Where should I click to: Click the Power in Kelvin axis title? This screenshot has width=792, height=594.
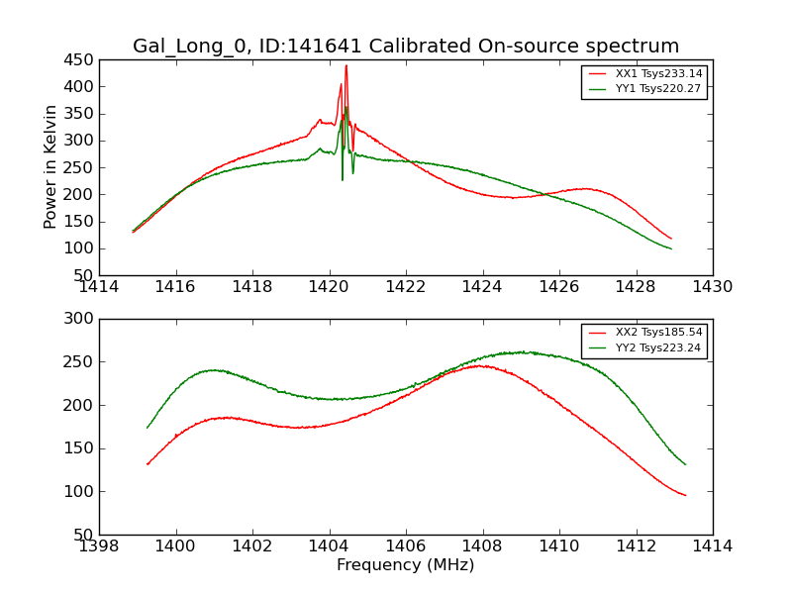pos(50,167)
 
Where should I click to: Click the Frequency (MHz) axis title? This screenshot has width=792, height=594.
pos(405,565)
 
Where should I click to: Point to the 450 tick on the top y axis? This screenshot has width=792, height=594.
pos(80,59)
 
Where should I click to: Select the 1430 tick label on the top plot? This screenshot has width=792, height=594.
pos(712,287)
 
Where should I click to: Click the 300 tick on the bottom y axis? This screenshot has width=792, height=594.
pos(80,319)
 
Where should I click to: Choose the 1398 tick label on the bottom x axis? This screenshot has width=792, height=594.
pos(99,546)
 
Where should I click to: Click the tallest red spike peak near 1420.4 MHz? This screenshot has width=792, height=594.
pos(346,65)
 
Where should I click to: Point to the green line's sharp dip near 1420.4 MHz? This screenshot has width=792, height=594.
pos(343,179)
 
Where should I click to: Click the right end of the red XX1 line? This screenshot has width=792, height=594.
pos(671,239)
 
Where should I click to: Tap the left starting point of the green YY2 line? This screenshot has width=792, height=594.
pos(148,428)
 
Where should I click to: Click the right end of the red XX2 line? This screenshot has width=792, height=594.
pos(685,495)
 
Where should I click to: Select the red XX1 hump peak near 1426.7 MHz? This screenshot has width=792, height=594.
pos(584,188)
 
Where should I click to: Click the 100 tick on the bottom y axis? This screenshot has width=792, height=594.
pos(80,492)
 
